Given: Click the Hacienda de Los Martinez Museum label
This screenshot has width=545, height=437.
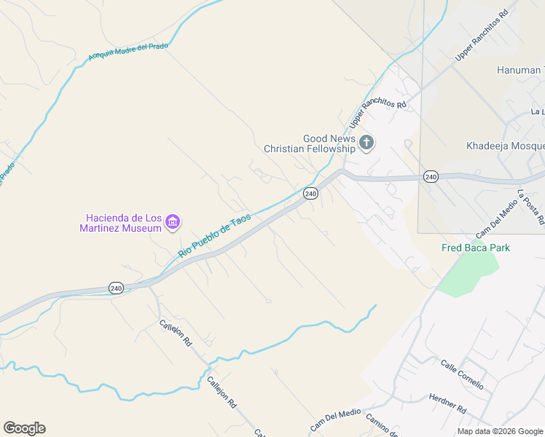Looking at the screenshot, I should pos(123,223).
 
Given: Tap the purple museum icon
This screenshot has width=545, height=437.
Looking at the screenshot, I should pos(173,221).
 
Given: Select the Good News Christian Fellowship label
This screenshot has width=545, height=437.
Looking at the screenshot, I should pos(310,143).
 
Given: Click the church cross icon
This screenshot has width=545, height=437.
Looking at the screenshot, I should pos(366,143).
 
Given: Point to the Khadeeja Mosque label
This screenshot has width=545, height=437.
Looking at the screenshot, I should pos(505,146).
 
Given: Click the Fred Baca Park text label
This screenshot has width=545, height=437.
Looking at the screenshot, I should pos(476,248).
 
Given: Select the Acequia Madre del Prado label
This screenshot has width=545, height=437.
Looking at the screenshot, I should pos(128,52).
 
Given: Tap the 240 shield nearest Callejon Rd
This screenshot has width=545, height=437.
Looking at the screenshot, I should pos(116,288).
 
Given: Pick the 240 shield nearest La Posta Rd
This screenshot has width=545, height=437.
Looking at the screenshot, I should pos(431,177).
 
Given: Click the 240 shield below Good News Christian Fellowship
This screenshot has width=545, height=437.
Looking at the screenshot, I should pos(310,193).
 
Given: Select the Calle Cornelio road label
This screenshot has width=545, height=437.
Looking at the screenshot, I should pos(462,374).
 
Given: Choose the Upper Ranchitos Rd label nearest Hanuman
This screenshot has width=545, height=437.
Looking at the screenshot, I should pos(482,36).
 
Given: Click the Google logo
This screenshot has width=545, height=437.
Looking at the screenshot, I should pos(24,428).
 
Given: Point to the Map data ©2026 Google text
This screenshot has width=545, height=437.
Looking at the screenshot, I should pos(500,431).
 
